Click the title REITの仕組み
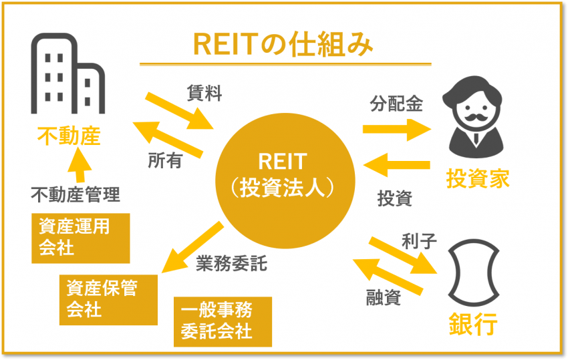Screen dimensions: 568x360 (x=283, y=45)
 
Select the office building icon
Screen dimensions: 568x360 (x=67, y=73)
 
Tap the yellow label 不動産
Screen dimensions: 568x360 (x=69, y=136)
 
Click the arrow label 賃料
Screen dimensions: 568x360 (x=204, y=93)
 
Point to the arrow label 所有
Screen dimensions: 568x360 (x=165, y=160)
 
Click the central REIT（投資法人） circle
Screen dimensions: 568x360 (x=285, y=181)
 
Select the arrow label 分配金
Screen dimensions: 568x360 (x=396, y=104)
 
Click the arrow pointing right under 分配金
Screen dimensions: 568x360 (x=397, y=130)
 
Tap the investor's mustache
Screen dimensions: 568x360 (x=475, y=118)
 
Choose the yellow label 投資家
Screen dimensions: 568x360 (x=478, y=178)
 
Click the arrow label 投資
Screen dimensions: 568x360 (x=395, y=198)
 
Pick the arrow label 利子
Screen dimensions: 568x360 (x=419, y=241)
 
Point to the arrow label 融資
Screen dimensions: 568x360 (x=384, y=298)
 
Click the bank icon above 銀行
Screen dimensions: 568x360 (x=474, y=273)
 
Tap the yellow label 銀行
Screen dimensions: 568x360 (x=473, y=324)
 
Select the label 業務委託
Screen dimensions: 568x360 (x=231, y=263)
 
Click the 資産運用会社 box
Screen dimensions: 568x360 (x=80, y=238)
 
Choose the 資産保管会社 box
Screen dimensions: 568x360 (x=108, y=300)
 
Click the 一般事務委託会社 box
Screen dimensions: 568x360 (x=223, y=322)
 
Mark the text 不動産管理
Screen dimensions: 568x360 (x=76, y=194)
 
